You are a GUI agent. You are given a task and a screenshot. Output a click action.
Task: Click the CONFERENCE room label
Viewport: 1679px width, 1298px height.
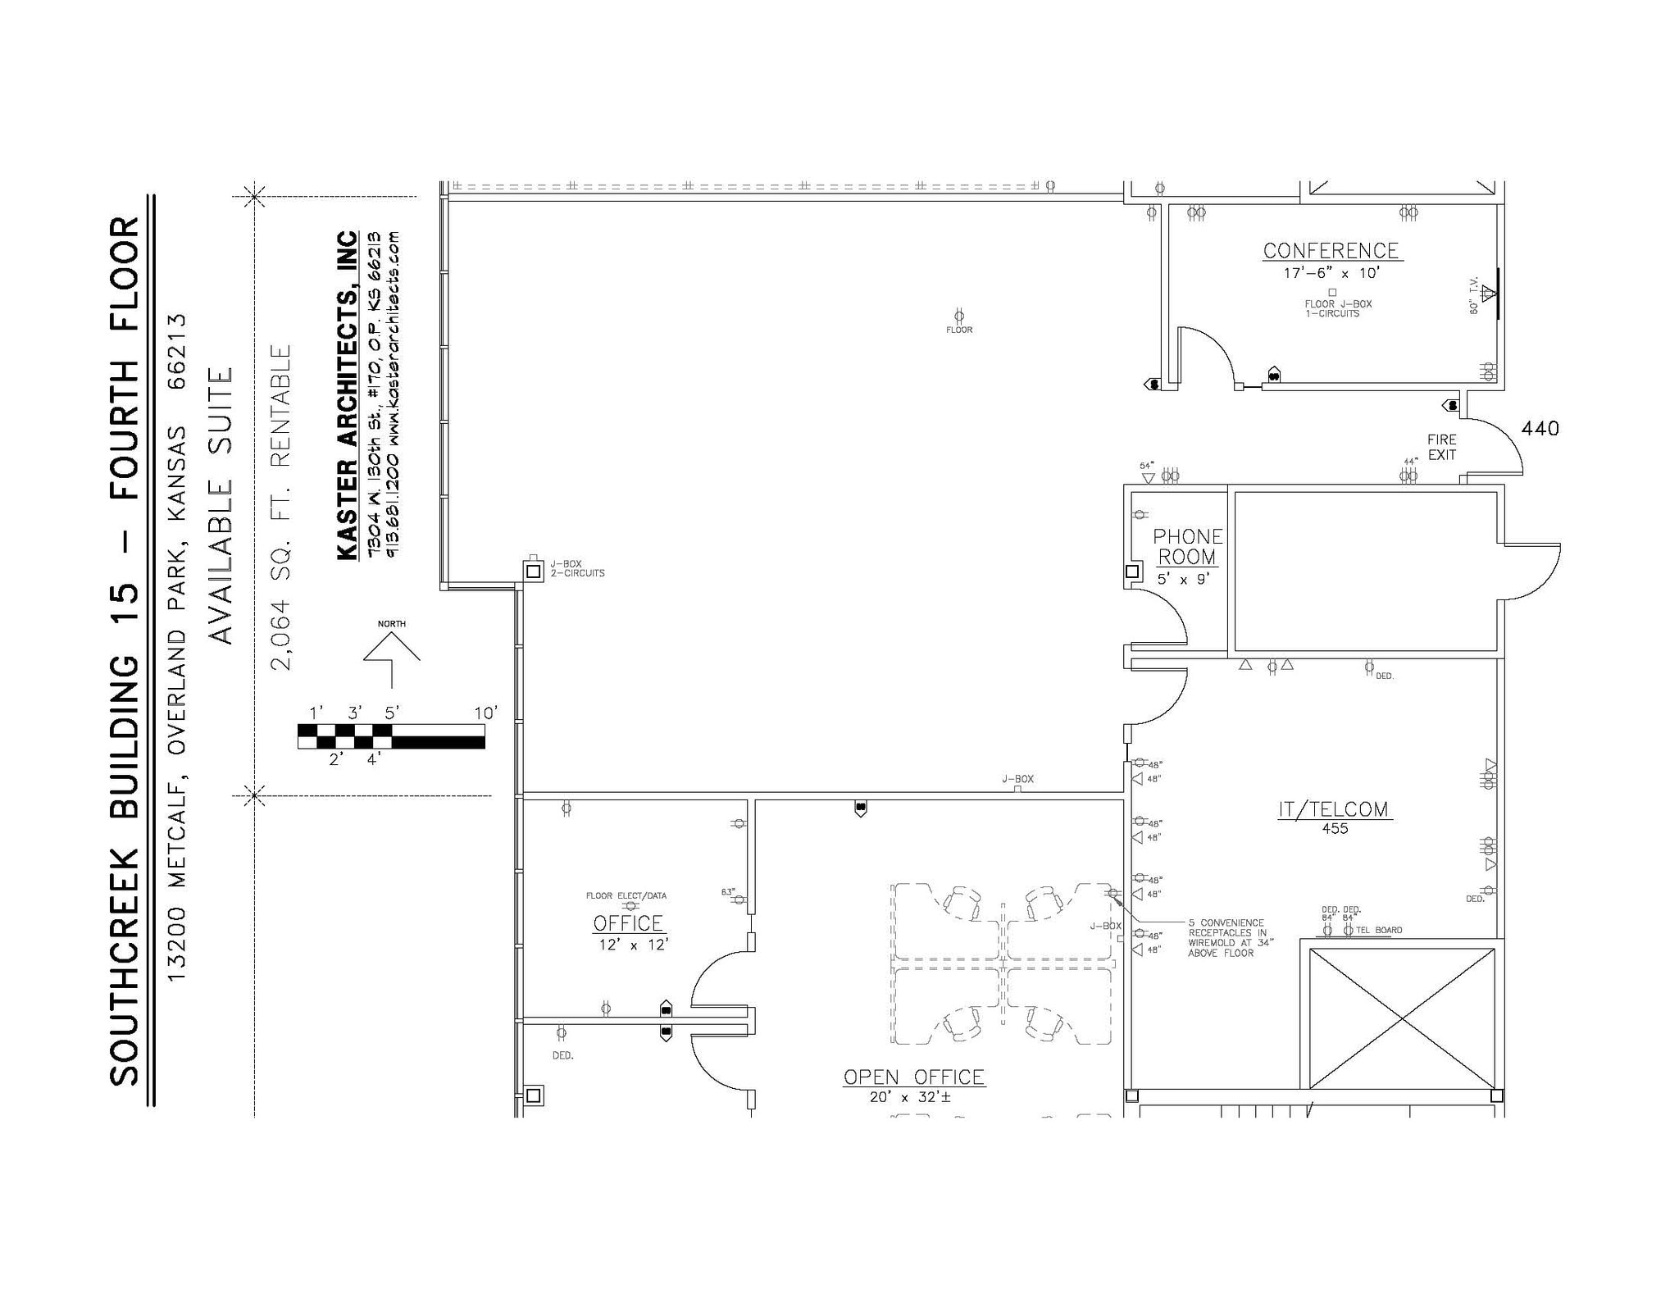[1331, 250]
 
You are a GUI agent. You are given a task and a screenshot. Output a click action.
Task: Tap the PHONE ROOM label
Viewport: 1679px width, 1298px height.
[1188, 546]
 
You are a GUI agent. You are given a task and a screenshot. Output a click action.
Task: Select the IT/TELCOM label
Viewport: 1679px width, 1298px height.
[1334, 809]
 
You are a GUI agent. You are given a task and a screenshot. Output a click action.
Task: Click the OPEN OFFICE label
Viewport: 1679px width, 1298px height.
[914, 1077]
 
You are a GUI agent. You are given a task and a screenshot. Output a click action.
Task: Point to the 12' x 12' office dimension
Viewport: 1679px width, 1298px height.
[633, 945]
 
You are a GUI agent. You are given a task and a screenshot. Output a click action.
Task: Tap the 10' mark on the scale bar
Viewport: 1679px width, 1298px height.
[485, 713]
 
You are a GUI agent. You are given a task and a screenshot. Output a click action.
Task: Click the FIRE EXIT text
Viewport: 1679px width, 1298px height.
[1441, 447]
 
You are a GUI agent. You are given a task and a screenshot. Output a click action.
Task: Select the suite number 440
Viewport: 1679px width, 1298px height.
[1540, 428]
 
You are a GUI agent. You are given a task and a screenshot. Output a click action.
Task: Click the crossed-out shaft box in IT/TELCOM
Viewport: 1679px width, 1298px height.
[1402, 1018]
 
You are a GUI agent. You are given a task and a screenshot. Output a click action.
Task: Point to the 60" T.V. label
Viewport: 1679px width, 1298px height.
[1473, 295]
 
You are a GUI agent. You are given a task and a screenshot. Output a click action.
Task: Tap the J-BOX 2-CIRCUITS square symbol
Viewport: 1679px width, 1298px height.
[533, 571]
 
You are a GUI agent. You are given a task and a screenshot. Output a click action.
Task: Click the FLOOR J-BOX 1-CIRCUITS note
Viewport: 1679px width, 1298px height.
[1338, 308]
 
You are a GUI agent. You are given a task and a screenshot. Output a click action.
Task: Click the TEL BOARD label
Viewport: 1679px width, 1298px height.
[1379, 930]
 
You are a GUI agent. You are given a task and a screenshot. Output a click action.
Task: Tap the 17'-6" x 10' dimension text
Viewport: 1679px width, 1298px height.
[1331, 273]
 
